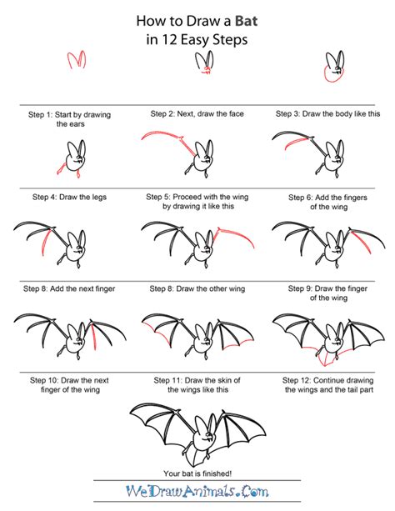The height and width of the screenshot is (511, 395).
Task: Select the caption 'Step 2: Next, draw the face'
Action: (x=197, y=113)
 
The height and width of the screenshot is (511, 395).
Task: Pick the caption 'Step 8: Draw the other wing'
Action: (x=197, y=288)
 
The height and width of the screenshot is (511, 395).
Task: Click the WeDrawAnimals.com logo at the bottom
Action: (x=197, y=493)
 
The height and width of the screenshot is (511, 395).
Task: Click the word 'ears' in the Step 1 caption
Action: (x=67, y=123)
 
